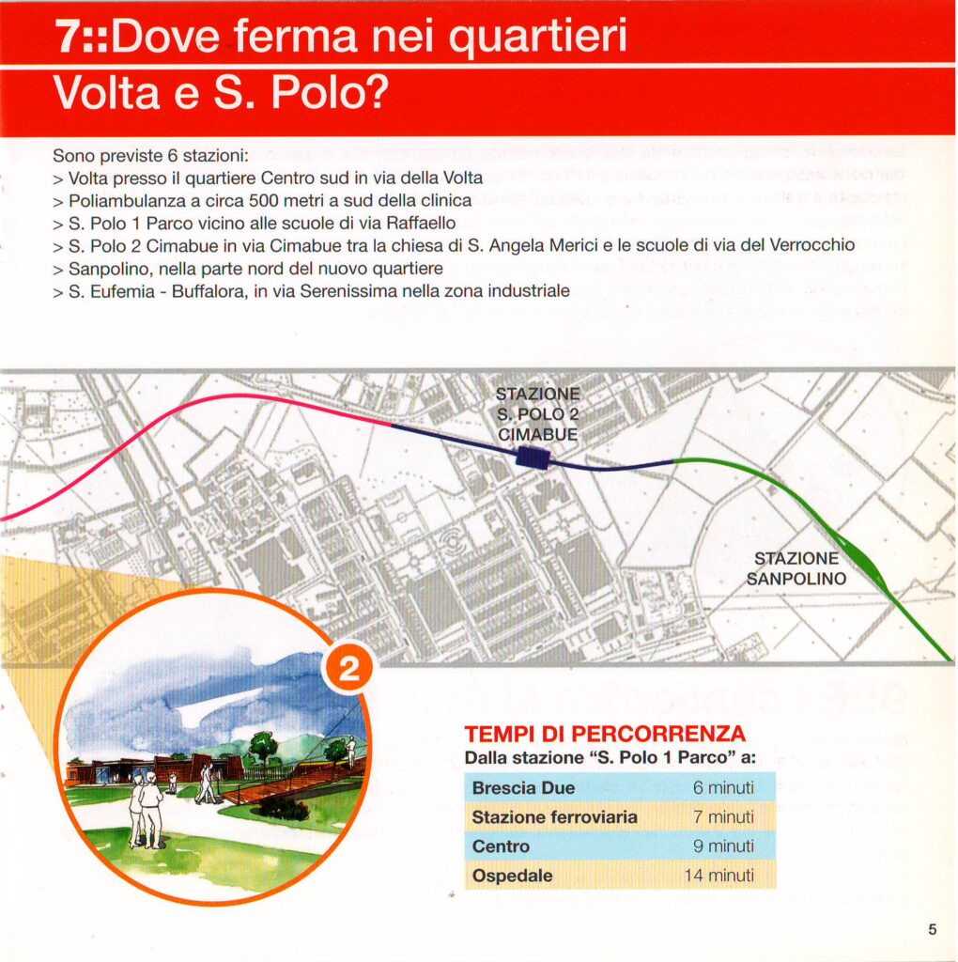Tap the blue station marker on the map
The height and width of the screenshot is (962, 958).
533,457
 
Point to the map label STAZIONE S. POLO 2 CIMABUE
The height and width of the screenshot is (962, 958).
538,414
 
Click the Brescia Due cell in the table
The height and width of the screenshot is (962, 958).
523,787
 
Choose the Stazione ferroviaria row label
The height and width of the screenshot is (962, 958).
554,817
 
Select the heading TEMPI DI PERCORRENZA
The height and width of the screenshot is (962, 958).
605,735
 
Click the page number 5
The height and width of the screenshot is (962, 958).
932,930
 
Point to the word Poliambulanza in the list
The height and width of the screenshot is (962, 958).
120,200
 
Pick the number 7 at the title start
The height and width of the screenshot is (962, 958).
67,37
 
